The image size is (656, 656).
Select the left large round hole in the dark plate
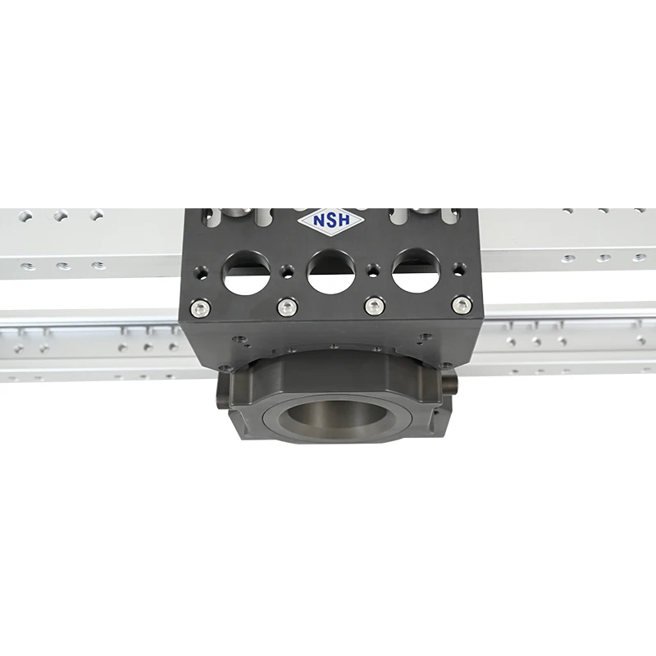coord(245,271)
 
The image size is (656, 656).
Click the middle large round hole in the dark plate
coord(330,271)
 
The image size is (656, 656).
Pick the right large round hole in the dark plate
coord(415,271)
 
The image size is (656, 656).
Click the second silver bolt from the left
coord(286,307)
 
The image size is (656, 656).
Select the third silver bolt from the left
coord(375,307)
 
